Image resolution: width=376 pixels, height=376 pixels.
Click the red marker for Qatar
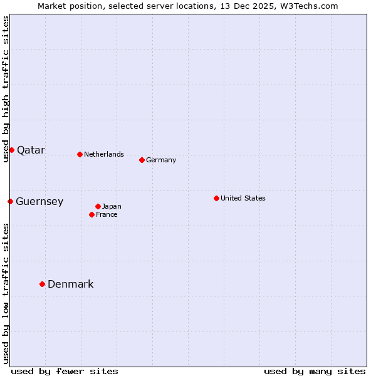(x=11, y=150)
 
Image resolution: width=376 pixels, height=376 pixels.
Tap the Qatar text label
(x=31, y=150)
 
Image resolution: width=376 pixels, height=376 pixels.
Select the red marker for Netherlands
(x=80, y=154)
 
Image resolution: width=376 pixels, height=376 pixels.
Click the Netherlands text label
(x=104, y=154)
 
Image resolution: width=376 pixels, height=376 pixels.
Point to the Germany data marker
(x=142, y=160)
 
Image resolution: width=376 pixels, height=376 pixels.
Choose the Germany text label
(x=161, y=160)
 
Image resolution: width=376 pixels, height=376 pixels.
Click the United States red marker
(x=216, y=198)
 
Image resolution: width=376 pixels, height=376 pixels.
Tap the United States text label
(x=243, y=199)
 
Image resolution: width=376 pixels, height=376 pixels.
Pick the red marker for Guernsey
(x=10, y=201)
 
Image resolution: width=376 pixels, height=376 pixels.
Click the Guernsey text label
(x=39, y=202)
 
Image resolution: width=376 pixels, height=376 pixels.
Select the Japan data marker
(x=98, y=206)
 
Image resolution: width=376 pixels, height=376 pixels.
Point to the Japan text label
(x=112, y=207)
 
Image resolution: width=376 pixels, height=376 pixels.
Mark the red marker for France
(x=91, y=214)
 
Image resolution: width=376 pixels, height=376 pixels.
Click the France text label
(x=107, y=215)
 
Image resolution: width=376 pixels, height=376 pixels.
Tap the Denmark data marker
(x=42, y=284)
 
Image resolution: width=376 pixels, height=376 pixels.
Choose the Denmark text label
(x=71, y=285)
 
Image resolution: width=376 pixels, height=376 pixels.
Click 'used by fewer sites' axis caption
(x=65, y=371)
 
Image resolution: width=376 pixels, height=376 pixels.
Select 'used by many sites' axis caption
(x=315, y=371)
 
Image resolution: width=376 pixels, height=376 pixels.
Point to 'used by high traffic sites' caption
(x=6, y=89)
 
